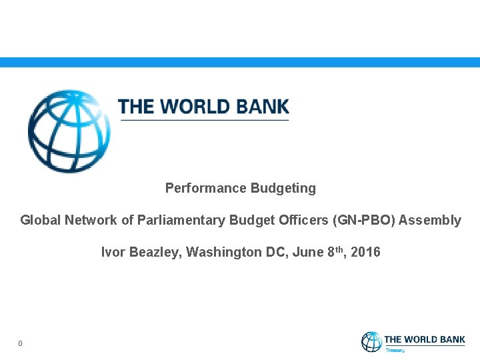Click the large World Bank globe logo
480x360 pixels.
pos(69,131)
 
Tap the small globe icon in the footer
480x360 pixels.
pos(371,342)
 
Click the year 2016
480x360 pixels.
pos(366,252)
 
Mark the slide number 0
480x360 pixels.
pos(21,343)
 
